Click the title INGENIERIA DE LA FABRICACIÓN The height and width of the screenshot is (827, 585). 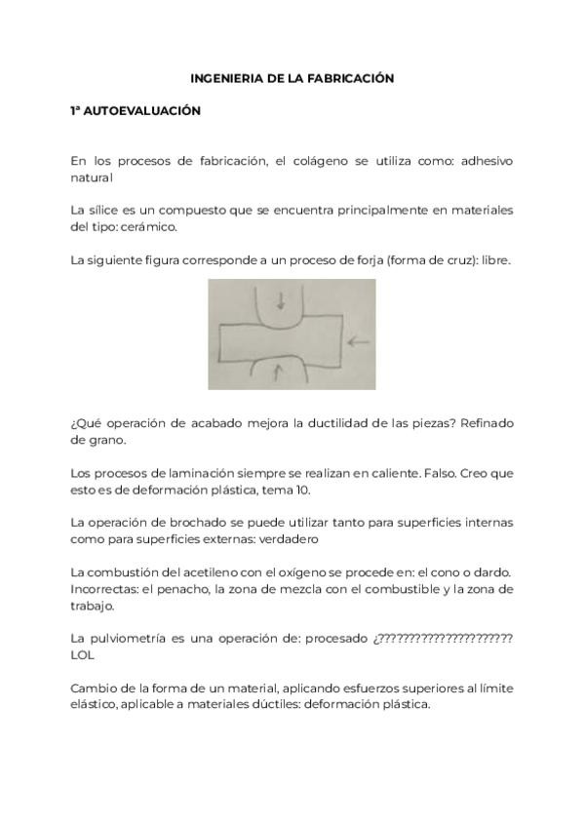[292, 78]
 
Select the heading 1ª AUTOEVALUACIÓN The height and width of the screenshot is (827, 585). [135, 111]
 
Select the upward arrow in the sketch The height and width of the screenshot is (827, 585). [279, 371]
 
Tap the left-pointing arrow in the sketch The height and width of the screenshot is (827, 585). [359, 341]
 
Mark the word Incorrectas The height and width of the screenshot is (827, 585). [103, 588]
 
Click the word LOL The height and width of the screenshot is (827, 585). [83, 655]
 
